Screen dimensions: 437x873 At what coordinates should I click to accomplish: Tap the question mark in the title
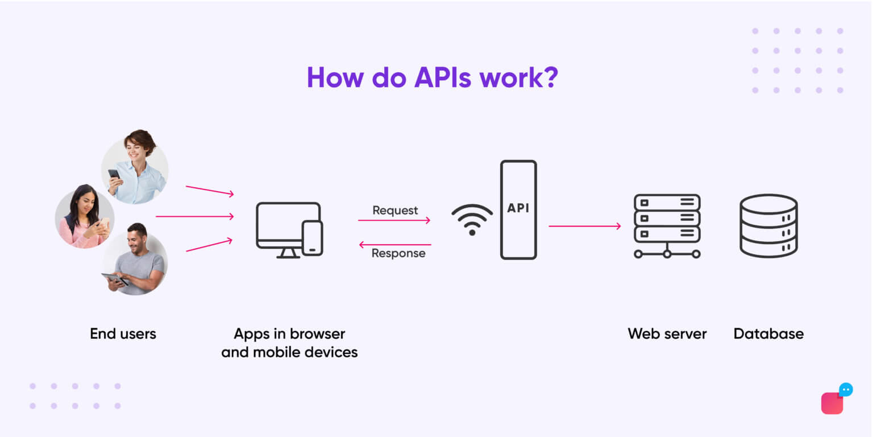[549, 77]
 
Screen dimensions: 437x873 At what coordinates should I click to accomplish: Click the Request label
[395, 210]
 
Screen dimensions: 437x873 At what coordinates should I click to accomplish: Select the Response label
[398, 253]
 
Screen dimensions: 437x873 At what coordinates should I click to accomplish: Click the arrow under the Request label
[394, 220]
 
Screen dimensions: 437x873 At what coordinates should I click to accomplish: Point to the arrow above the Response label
[395, 245]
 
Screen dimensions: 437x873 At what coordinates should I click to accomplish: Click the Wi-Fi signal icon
[472, 220]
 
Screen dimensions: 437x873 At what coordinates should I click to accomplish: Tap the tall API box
[518, 209]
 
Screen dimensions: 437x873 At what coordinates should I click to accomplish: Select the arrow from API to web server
[584, 226]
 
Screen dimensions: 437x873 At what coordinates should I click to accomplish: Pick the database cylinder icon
[768, 226]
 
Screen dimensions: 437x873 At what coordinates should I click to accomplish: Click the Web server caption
[667, 333]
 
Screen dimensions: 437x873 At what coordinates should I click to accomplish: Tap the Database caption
[768, 333]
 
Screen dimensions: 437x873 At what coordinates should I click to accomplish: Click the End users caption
[123, 333]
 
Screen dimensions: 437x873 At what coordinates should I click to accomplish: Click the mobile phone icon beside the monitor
[312, 238]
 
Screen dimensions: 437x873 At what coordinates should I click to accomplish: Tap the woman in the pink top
[85, 216]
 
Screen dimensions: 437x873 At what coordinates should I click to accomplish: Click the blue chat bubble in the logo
[845, 390]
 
